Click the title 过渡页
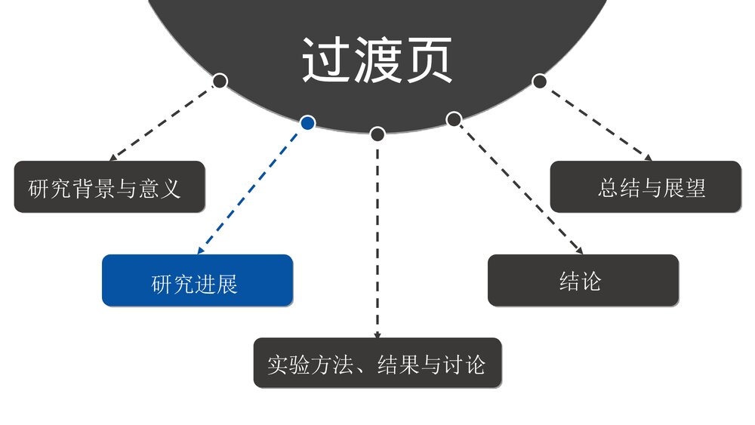click(377, 60)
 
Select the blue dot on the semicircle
click(307, 122)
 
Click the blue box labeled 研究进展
click(197, 280)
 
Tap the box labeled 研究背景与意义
click(109, 186)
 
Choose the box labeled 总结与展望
click(646, 186)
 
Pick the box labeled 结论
click(583, 280)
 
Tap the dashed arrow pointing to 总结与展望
click(596, 121)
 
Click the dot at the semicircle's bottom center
click(377, 134)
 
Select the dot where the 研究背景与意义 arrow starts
click(220, 80)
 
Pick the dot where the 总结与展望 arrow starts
click(539, 80)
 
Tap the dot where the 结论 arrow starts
click(454, 119)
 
